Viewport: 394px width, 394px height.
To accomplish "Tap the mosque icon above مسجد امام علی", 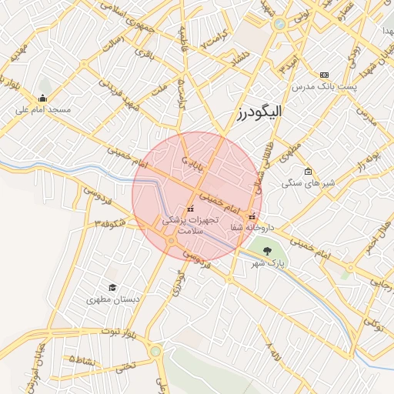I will tap(42, 98).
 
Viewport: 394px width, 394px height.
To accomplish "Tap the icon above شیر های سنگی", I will tap(308, 172).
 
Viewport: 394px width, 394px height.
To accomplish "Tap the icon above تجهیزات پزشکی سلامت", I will tap(190, 209).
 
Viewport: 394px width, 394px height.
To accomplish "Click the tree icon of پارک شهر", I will tap(267, 252).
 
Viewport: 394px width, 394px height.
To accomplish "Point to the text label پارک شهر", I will tap(267, 264).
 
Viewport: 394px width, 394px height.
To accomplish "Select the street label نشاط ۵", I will tap(83, 360).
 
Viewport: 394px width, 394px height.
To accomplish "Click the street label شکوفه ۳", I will tap(110, 223).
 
